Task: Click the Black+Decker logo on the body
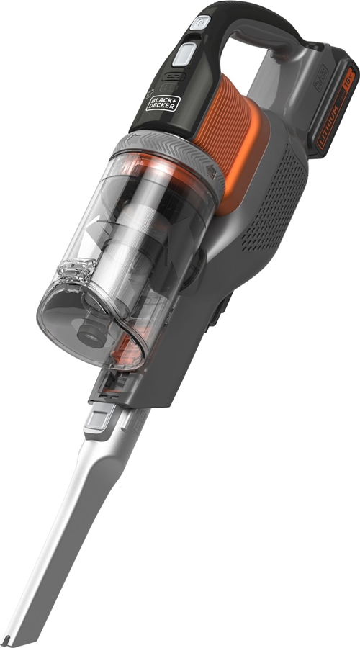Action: coord(163,102)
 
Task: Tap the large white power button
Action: coord(186,53)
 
